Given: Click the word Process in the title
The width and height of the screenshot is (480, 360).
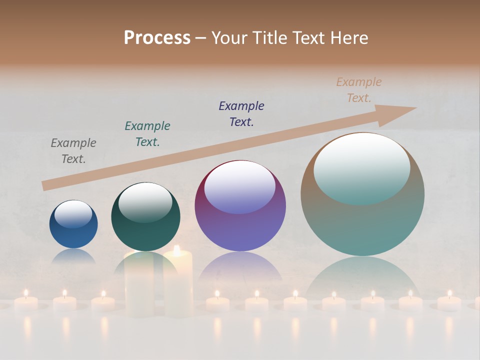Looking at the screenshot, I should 157,37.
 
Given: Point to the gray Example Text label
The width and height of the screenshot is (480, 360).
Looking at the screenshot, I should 73,150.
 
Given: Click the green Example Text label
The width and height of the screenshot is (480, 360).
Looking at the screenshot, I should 147,133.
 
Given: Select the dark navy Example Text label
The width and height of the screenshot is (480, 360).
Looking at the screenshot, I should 241,113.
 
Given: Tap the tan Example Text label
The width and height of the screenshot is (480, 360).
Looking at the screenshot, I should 359,89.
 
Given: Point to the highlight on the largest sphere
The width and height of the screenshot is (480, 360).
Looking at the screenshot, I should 361,167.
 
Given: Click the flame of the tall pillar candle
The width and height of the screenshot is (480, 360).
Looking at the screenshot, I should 176,249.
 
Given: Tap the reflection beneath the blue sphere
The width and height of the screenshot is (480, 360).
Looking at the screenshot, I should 73,256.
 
